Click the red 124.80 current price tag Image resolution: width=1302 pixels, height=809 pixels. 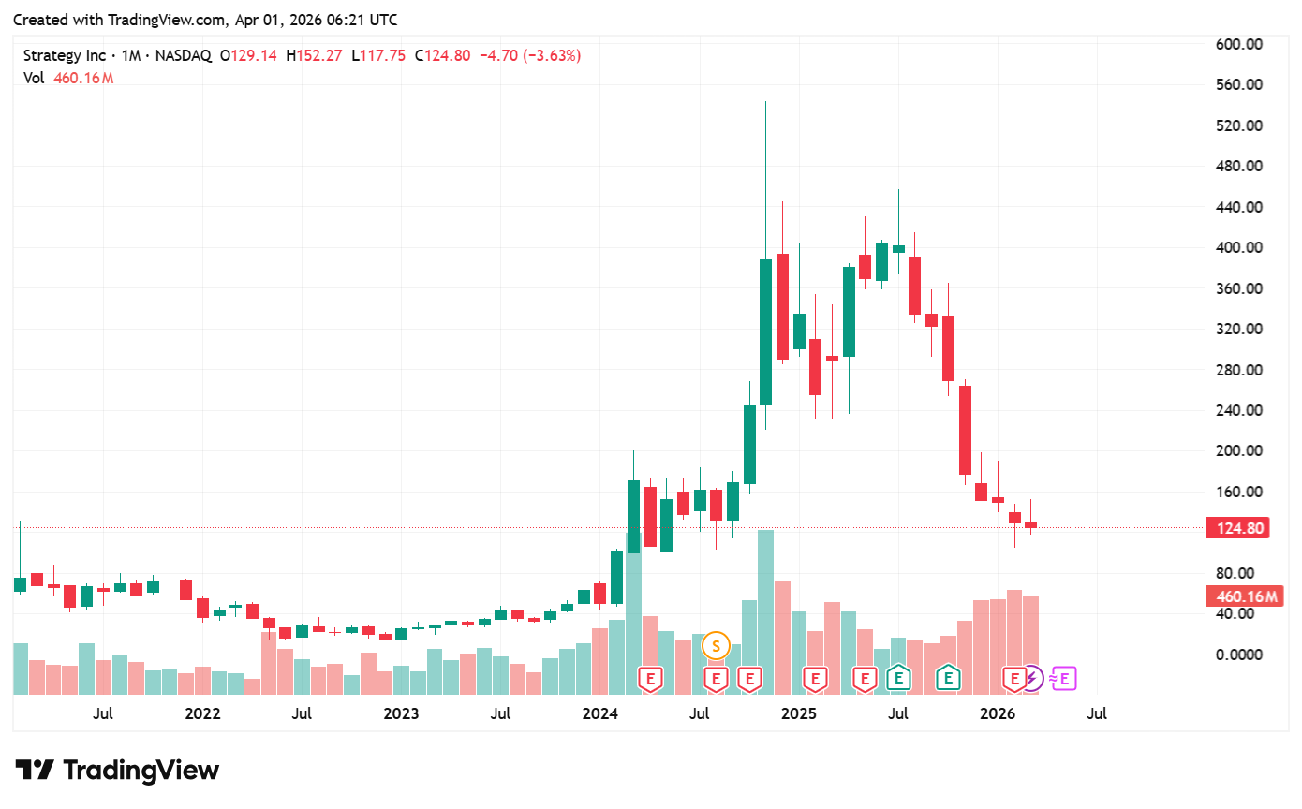pos(1240,528)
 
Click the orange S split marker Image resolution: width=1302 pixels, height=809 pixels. pos(717,645)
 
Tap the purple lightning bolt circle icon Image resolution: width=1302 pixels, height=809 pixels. pos(1031,678)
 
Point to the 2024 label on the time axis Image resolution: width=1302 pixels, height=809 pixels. pos(600,714)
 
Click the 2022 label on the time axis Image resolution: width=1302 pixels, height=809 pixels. pos(202,714)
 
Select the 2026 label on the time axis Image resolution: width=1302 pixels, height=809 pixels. pos(998,714)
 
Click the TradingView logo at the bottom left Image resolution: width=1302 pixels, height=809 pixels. pos(118,771)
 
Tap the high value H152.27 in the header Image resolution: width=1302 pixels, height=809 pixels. pos(315,55)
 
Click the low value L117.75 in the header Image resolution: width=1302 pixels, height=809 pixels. pos(378,55)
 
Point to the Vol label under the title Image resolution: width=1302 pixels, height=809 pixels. pos(34,78)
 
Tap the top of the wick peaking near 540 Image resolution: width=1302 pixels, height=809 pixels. pos(765,102)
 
